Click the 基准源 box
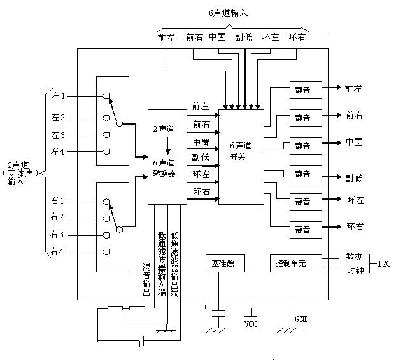pyautogui.click(x=218, y=263)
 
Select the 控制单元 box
pyautogui.click(x=290, y=263)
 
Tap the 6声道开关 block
pyautogui.click(x=241, y=157)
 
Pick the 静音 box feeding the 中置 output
pyautogui.click(x=301, y=145)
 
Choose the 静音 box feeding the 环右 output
pyautogui.click(x=301, y=228)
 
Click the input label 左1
pyautogui.click(x=59, y=96)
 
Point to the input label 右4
pyautogui.click(x=59, y=253)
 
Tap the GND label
pyautogui.click(x=301, y=319)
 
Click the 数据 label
pyautogui.click(x=354, y=256)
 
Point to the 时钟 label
pyautogui.click(x=354, y=270)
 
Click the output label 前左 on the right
pyautogui.click(x=354, y=89)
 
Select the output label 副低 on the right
pyautogui.click(x=354, y=178)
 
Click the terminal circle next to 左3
pyautogui.click(x=106, y=135)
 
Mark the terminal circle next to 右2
pyautogui.click(x=106, y=218)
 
